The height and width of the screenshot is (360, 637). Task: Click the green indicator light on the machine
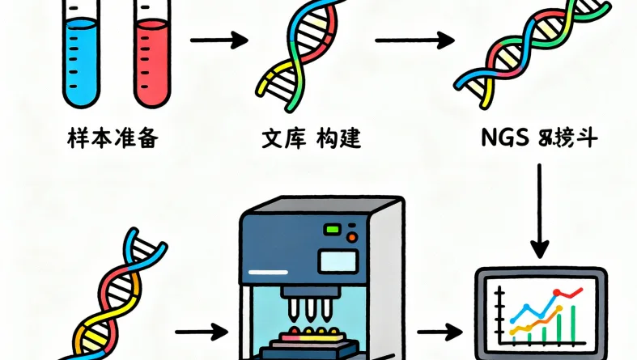(333, 230)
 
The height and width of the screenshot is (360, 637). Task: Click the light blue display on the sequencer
(338, 260)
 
